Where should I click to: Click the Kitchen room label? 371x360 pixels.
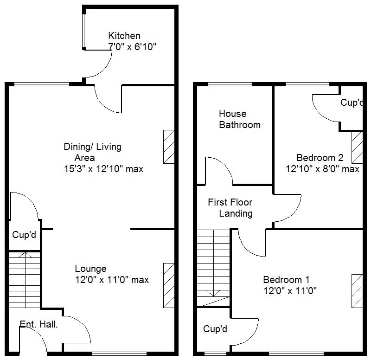coord(124,36)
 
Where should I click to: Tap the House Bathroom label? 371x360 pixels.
coord(240,119)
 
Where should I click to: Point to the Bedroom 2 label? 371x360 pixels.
coord(320,157)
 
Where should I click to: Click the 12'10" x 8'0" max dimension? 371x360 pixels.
coord(322,169)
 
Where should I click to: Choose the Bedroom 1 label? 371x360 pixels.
coord(286,280)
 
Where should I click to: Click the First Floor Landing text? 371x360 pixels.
coord(230,208)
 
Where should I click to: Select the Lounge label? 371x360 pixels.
coord(90,269)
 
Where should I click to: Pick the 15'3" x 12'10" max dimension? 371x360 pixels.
coord(103,169)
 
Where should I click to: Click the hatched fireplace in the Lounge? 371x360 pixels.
coord(169,285)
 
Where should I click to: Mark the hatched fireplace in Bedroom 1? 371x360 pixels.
coord(357,290)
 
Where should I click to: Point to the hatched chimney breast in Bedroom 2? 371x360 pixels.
coord(357,148)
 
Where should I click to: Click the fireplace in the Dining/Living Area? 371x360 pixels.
coord(169,146)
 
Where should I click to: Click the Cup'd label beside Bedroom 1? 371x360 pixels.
coord(215,329)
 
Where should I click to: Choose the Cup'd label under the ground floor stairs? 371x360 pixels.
coord(24,235)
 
